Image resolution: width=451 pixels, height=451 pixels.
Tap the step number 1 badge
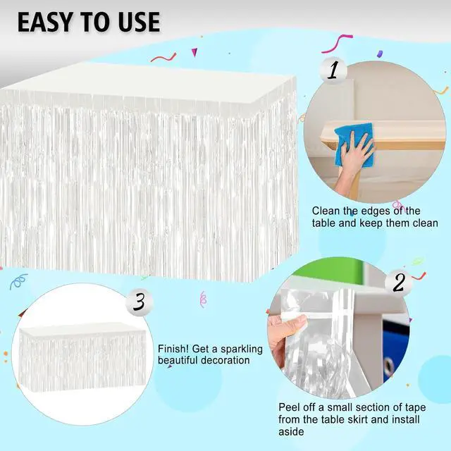pyautogui.click(x=333, y=70)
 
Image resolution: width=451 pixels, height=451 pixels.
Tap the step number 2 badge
pyautogui.click(x=399, y=283)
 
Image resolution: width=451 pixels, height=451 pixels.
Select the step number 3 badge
pyautogui.click(x=140, y=302)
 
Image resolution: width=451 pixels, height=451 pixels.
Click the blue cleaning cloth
pyautogui.click(x=354, y=144)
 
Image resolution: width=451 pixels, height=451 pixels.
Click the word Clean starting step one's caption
pyautogui.click(x=326, y=211)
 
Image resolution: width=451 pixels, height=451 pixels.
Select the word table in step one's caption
pyautogui.click(x=323, y=223)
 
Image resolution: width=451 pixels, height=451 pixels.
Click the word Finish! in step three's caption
pyautogui.click(x=173, y=349)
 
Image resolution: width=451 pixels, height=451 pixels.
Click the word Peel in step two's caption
pyautogui.click(x=290, y=407)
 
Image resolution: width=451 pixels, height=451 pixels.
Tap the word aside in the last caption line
pyautogui.click(x=291, y=432)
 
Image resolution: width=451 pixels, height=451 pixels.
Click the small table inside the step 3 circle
pyautogui.click(x=82, y=357)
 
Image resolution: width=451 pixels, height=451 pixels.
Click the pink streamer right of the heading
pyautogui.click(x=337, y=44)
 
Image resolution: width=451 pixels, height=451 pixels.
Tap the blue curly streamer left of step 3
pyautogui.click(x=18, y=281)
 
